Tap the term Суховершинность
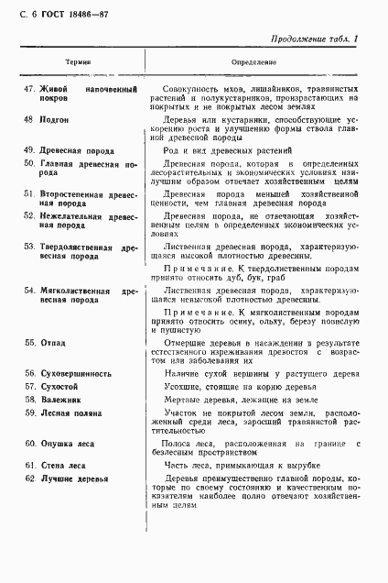coord(75,374)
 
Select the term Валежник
coord(60,401)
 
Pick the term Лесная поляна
coord(70,413)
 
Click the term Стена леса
coord(63,467)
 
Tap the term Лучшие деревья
coord(72,479)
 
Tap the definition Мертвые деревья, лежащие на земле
coord(239,401)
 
